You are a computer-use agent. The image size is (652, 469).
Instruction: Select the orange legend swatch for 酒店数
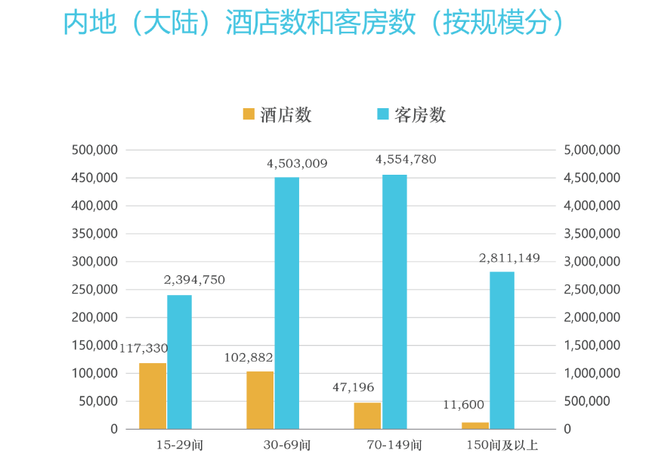click(249, 114)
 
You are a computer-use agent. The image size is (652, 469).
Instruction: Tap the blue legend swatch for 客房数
click(382, 114)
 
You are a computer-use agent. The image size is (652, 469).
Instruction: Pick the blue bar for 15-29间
click(179, 362)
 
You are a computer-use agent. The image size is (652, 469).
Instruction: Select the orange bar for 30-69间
click(260, 400)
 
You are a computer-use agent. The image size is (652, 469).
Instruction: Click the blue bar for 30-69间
click(286, 303)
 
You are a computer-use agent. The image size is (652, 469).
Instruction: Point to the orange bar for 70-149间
click(367, 415)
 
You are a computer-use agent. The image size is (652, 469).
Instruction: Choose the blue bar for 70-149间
click(394, 302)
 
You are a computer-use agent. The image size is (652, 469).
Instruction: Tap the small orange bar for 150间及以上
click(475, 425)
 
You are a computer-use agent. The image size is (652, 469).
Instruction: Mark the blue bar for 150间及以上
click(502, 350)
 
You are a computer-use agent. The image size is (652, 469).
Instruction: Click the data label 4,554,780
click(406, 160)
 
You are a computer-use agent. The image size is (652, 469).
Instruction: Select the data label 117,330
click(144, 348)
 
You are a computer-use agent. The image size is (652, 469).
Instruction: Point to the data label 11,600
click(463, 405)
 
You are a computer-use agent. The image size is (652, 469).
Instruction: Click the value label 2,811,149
click(509, 258)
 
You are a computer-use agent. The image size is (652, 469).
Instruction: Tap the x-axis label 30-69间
click(287, 446)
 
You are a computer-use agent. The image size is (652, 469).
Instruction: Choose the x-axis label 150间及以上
click(502, 446)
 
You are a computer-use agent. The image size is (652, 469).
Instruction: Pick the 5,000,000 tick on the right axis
click(592, 150)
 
